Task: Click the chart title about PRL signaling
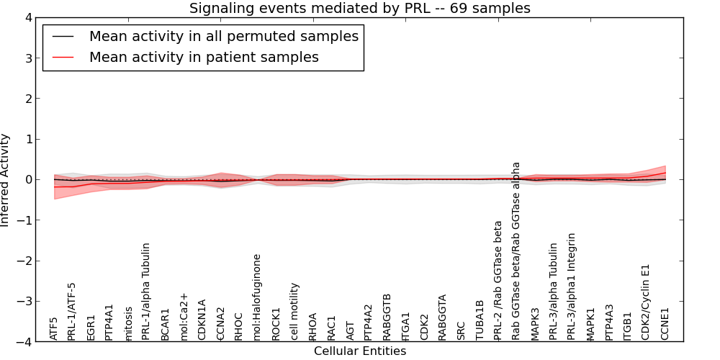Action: [x=359, y=9]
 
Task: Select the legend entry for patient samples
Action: [x=204, y=57]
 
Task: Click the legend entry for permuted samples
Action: [x=223, y=36]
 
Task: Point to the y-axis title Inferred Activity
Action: [x=6, y=180]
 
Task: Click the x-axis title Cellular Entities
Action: [x=359, y=351]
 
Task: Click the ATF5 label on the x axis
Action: [x=54, y=328]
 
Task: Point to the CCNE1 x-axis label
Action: [x=665, y=324]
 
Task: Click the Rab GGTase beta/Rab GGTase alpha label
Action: [x=516, y=251]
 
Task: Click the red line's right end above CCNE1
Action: [x=665, y=173]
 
